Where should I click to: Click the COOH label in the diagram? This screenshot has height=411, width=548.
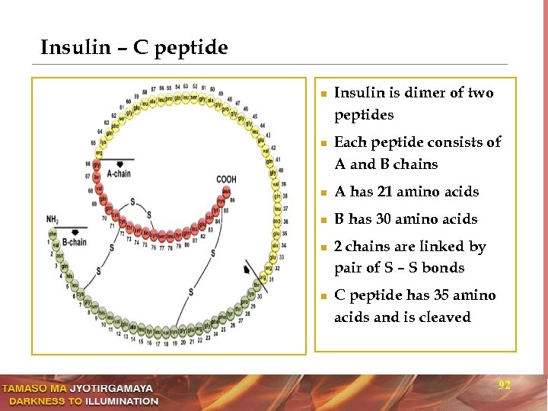226,180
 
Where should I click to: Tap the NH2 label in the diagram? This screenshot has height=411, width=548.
53,220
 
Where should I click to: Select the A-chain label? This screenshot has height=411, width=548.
119,174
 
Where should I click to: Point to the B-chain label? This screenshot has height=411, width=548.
75,242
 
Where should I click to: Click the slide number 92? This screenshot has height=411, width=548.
504,386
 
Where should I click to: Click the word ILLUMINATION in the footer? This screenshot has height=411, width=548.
121,400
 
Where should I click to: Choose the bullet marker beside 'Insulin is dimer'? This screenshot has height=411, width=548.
323,94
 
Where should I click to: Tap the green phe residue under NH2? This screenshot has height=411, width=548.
53,234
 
